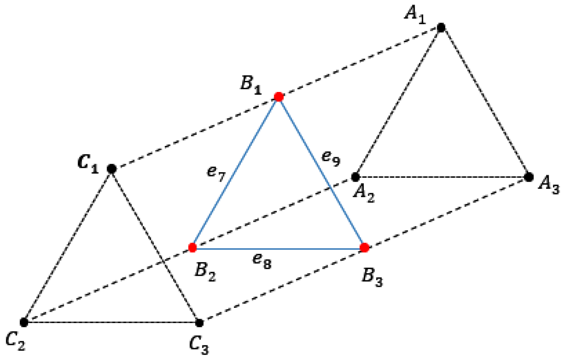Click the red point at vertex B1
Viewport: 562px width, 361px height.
[279, 97]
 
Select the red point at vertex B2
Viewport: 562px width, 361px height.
[193, 248]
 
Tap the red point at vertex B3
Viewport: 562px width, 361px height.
[364, 248]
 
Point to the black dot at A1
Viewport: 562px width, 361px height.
[441, 27]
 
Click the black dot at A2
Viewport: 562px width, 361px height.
[356, 177]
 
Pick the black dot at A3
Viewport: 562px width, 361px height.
[529, 177]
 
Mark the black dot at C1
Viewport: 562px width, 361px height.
[111, 169]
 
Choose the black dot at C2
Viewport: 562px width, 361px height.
[24, 322]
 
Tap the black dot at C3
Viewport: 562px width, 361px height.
[199, 323]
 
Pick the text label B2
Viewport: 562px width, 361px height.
[205, 272]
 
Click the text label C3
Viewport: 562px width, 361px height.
[199, 345]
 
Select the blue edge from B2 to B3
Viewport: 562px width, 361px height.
[278, 249]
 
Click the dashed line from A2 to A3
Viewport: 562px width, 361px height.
[442, 177]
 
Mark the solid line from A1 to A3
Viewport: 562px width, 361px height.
[485, 102]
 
